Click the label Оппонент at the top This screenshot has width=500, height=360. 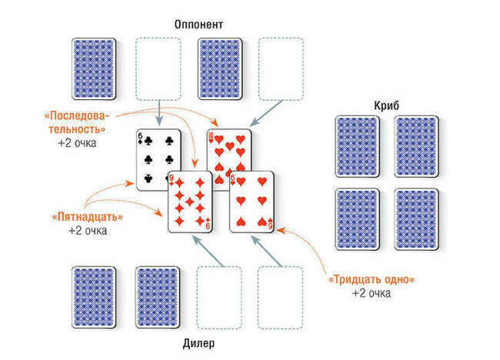pos(198,25)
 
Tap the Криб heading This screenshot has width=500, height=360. pos(386,105)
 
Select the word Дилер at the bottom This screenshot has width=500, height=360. pos(198,343)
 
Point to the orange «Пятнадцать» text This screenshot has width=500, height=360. pos(88,217)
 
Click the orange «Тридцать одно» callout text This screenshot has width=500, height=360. pos(372,280)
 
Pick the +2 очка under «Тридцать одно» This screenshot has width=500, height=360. pos(372,293)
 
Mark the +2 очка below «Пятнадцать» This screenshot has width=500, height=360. pos(88,231)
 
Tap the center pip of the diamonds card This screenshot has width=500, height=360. pos(190,202)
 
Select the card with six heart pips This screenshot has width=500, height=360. pos(252,202)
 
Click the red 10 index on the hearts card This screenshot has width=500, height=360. pos(211,137)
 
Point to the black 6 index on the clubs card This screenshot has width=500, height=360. pos(140,138)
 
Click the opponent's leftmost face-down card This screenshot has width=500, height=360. pos(94,69)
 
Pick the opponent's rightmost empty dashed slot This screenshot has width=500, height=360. pos(281,69)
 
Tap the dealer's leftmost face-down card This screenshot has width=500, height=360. pos(94,298)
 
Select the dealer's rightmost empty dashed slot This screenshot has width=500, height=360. pos(280,298)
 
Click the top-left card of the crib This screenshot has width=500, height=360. pos(358,147)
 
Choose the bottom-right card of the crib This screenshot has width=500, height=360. pos(416,219)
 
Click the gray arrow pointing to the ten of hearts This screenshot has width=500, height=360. pos(266,114)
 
